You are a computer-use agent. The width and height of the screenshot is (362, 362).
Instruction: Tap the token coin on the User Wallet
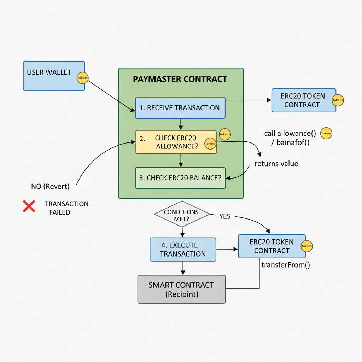(x=83, y=78)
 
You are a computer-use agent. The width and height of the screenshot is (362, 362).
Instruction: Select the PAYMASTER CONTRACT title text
(x=180, y=79)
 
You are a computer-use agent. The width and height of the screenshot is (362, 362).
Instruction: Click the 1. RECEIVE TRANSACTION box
(x=180, y=108)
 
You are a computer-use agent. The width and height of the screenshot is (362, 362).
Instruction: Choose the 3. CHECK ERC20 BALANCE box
(x=180, y=178)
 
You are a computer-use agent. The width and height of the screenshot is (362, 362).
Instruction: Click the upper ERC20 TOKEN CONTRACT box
(x=300, y=100)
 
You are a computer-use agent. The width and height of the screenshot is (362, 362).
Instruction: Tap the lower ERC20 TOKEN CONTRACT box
(x=269, y=246)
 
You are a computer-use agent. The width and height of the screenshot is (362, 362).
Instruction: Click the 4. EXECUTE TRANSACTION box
(x=183, y=249)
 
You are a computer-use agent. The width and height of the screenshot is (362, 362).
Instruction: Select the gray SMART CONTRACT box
(x=181, y=289)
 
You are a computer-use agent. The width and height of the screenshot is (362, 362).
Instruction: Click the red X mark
(x=29, y=206)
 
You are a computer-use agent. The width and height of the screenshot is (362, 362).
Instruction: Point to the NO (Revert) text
(x=50, y=186)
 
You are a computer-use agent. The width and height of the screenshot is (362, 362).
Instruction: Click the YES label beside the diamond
(x=225, y=216)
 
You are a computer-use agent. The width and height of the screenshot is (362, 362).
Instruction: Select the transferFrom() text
(x=286, y=265)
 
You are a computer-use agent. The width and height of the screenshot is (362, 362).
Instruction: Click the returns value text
(x=276, y=164)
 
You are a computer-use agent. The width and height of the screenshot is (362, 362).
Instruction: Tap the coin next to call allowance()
(x=326, y=133)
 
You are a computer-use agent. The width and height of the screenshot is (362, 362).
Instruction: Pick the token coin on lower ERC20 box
(x=306, y=246)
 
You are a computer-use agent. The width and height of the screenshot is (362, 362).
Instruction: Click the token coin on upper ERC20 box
(x=338, y=100)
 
